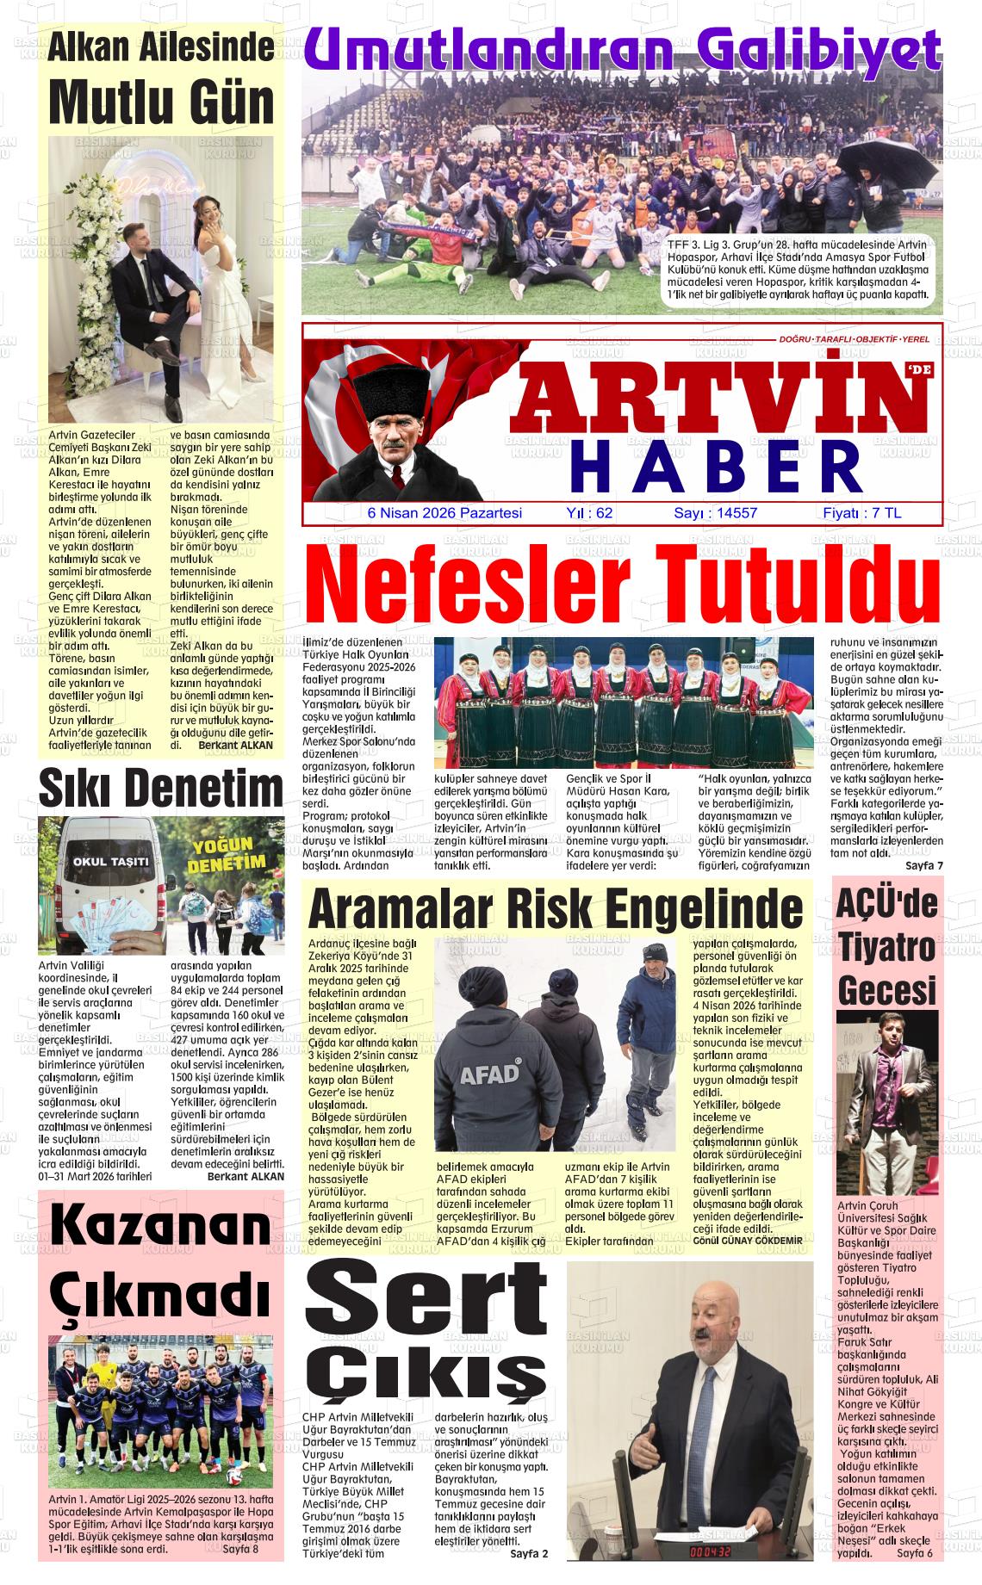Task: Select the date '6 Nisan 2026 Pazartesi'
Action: (444, 513)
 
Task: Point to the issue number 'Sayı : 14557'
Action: (715, 513)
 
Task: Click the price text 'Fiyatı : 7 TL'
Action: (861, 513)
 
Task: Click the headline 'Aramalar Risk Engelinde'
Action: (555, 908)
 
